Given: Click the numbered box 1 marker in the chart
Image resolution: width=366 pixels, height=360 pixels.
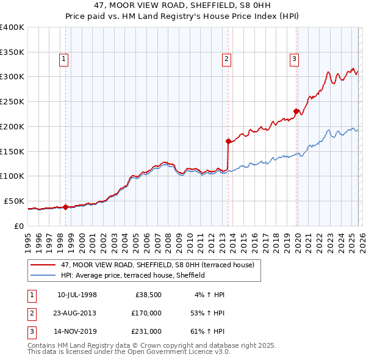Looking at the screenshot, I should coord(64,59).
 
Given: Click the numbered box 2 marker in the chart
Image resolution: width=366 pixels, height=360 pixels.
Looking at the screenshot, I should coord(226,59).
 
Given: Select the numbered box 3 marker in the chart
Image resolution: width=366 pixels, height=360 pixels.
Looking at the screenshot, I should coord(294,59).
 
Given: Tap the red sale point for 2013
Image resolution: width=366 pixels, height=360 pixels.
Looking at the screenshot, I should coord(228,141).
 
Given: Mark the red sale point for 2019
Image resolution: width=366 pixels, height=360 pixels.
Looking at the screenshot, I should coord(296,111).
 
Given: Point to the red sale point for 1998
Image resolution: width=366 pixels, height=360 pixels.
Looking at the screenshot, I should coord(66,206).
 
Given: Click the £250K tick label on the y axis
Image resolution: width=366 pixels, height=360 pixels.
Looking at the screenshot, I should coord(12,101).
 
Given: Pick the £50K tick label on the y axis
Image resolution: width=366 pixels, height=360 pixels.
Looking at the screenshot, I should coord(14,201).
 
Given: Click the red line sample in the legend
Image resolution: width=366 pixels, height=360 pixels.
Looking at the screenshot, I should coord(44,265).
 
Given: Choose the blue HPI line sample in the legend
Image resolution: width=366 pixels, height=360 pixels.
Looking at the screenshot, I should coord(44,275).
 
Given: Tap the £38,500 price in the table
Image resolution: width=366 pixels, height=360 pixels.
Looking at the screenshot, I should coord(146,295).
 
